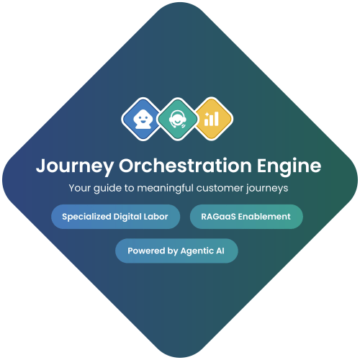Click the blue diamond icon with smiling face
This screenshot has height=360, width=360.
[x=143, y=119]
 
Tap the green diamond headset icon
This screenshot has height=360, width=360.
[x=178, y=119]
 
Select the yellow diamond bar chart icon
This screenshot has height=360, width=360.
[x=212, y=119]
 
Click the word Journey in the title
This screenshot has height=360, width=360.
[x=75, y=166]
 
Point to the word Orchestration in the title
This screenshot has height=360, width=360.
[x=185, y=165]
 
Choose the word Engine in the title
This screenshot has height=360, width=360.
[x=289, y=166]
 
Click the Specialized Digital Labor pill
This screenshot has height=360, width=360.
[x=115, y=217]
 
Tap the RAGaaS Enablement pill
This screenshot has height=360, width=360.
[x=246, y=217]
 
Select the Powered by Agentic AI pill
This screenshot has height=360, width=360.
[x=176, y=251]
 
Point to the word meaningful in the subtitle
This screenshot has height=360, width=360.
[x=165, y=189]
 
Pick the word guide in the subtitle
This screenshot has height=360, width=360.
[x=107, y=189]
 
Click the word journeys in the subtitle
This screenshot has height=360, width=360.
[x=267, y=189]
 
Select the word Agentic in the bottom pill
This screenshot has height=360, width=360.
[x=197, y=251]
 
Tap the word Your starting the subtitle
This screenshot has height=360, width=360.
[x=80, y=188]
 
